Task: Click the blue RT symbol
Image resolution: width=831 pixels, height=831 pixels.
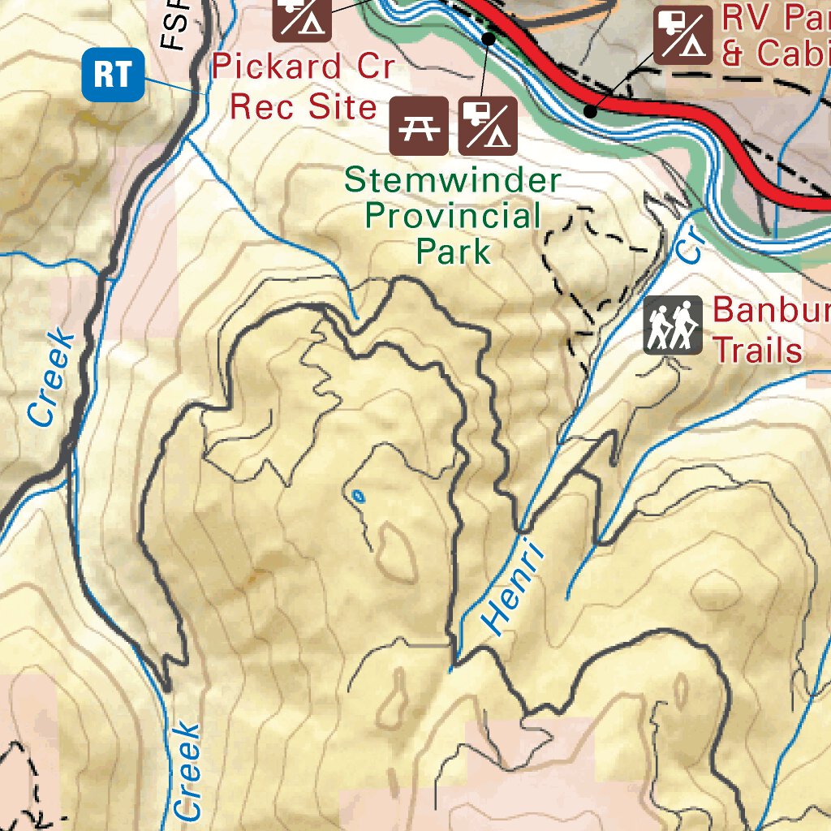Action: [112, 75]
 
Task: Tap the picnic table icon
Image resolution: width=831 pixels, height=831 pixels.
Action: [420, 126]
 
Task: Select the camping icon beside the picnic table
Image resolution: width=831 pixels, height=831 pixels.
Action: [488, 126]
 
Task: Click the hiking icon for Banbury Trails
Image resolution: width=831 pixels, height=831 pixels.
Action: [673, 325]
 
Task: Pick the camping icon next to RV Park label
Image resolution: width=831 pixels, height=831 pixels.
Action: [683, 36]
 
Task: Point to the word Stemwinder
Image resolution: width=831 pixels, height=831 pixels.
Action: [451, 180]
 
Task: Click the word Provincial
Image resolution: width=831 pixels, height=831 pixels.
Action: [453, 216]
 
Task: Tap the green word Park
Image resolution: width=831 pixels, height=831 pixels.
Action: [454, 251]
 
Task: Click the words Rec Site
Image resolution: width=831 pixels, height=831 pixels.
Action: [303, 105]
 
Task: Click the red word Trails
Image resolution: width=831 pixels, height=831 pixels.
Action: [757, 351]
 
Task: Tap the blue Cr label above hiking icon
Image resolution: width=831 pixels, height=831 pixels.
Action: [689, 242]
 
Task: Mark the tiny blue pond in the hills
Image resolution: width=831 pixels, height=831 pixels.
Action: [357, 495]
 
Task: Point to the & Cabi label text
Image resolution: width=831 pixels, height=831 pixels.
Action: [775, 54]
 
